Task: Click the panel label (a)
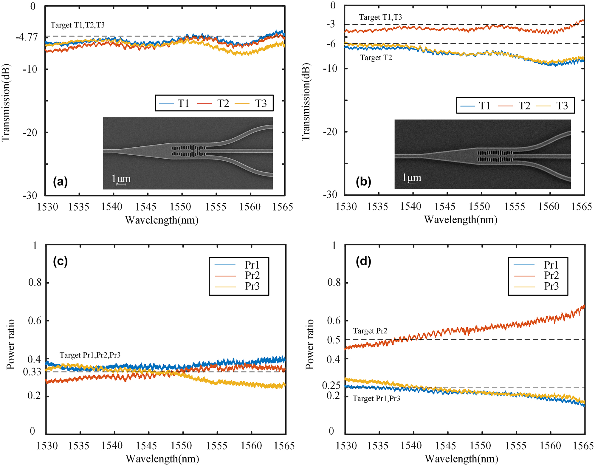coord(60,181)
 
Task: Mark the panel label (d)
coord(363,261)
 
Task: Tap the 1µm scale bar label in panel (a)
coord(121,179)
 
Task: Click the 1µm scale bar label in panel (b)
coord(411,177)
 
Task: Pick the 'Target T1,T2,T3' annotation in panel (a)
coord(78,25)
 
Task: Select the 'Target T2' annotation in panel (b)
coord(376,58)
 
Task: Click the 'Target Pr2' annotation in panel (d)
coord(370,331)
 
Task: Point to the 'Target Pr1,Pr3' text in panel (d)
coord(376,399)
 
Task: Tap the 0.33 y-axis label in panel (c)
coord(32,372)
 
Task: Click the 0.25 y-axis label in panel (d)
coord(331,386)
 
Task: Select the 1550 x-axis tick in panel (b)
coord(479,206)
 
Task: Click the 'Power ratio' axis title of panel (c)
coord(11,344)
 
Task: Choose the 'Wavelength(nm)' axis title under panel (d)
coord(461,459)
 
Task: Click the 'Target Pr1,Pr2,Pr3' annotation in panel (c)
coord(90,355)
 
